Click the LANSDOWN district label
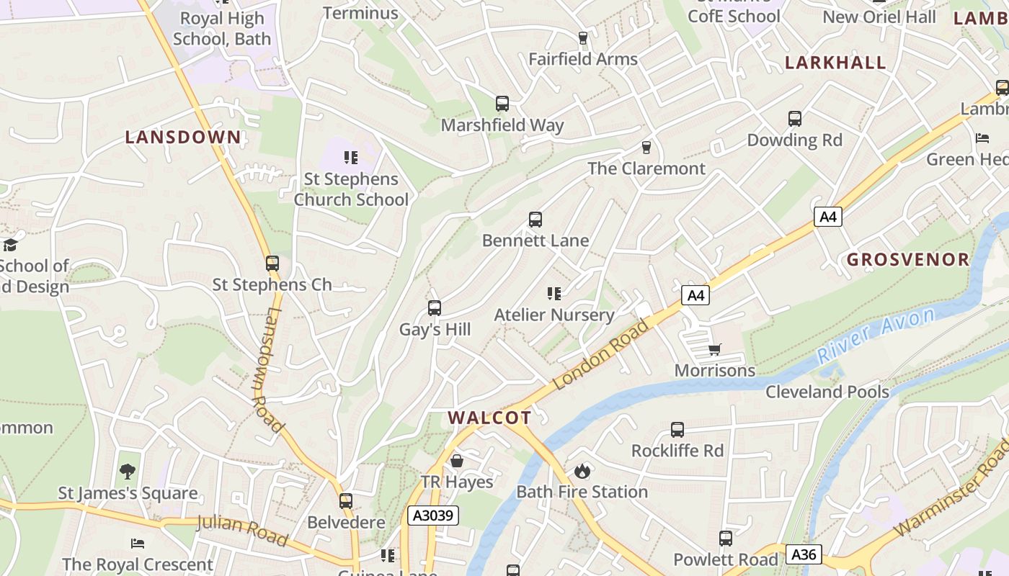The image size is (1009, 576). click(183, 137)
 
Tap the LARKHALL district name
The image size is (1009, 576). click(835, 63)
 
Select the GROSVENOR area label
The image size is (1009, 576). click(908, 259)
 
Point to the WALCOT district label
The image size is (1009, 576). click(489, 418)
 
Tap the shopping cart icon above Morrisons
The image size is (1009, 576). click(715, 349)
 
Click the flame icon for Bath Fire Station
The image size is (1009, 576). click(582, 471)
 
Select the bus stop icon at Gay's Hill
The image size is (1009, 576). click(435, 308)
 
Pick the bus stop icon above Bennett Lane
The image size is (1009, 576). click(535, 219)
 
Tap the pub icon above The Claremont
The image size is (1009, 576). click(646, 147)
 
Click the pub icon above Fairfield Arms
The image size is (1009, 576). click(583, 37)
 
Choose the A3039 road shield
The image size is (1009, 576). click(432, 516)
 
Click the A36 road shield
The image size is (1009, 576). click(803, 554)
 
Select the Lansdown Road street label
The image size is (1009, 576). click(266, 371)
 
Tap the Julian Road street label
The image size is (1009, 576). click(241, 530)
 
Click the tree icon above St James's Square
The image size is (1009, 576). click(128, 472)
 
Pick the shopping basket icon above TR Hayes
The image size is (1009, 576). click(456, 461)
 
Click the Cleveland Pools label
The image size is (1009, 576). click(827, 392)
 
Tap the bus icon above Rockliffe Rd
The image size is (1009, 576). click(677, 430)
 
